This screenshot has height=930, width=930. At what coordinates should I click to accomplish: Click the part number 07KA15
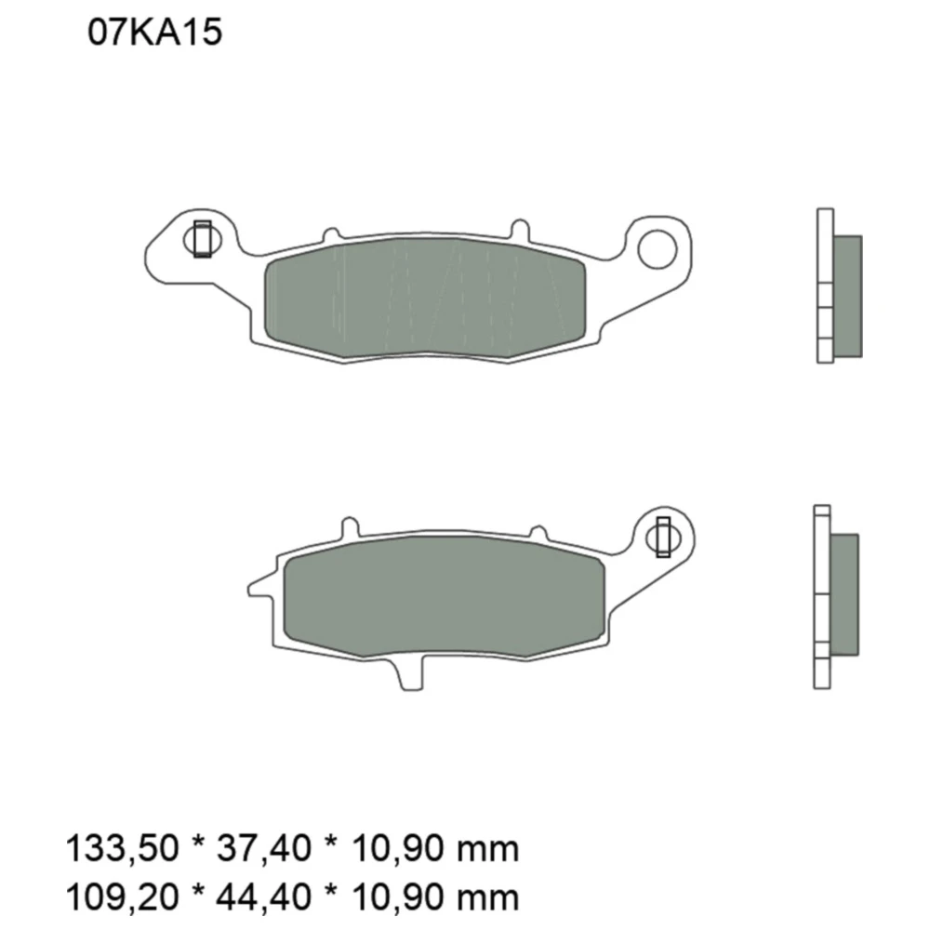click(154, 32)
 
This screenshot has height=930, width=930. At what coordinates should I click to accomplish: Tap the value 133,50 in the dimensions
click(122, 848)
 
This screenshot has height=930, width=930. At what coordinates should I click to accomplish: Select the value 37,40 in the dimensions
click(264, 848)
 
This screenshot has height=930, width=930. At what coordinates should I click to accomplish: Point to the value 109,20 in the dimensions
click(122, 897)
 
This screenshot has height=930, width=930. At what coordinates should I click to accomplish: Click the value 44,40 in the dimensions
click(264, 897)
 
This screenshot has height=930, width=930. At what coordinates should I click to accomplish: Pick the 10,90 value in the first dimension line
click(399, 848)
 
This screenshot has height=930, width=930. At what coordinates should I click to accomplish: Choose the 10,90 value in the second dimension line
click(399, 897)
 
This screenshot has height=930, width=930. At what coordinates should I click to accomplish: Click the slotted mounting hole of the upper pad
click(202, 240)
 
